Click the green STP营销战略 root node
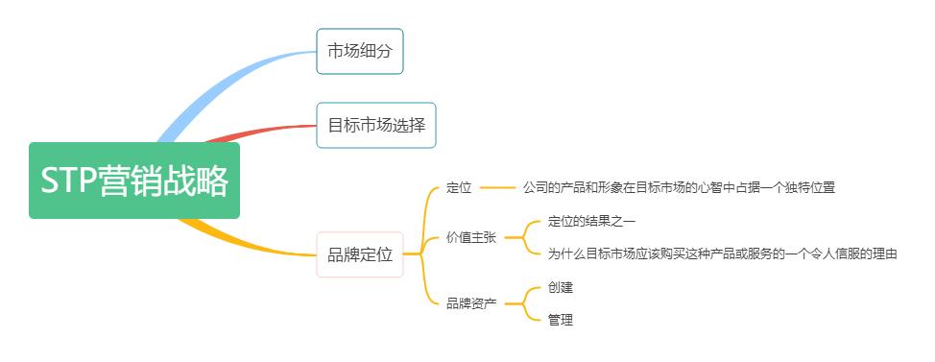click(134, 181)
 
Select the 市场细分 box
click(360, 51)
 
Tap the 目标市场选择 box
click(376, 125)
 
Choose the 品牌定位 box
click(360, 254)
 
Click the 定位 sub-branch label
click(459, 188)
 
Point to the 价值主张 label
click(471, 237)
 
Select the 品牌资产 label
click(471, 303)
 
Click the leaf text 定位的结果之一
click(591, 221)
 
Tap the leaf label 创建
click(561, 287)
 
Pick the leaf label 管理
click(561, 320)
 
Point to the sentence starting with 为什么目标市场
click(722, 253)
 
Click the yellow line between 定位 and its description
click(497, 188)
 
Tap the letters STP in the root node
click(69, 181)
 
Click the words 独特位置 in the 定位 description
click(812, 188)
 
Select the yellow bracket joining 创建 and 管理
click(523, 303)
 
